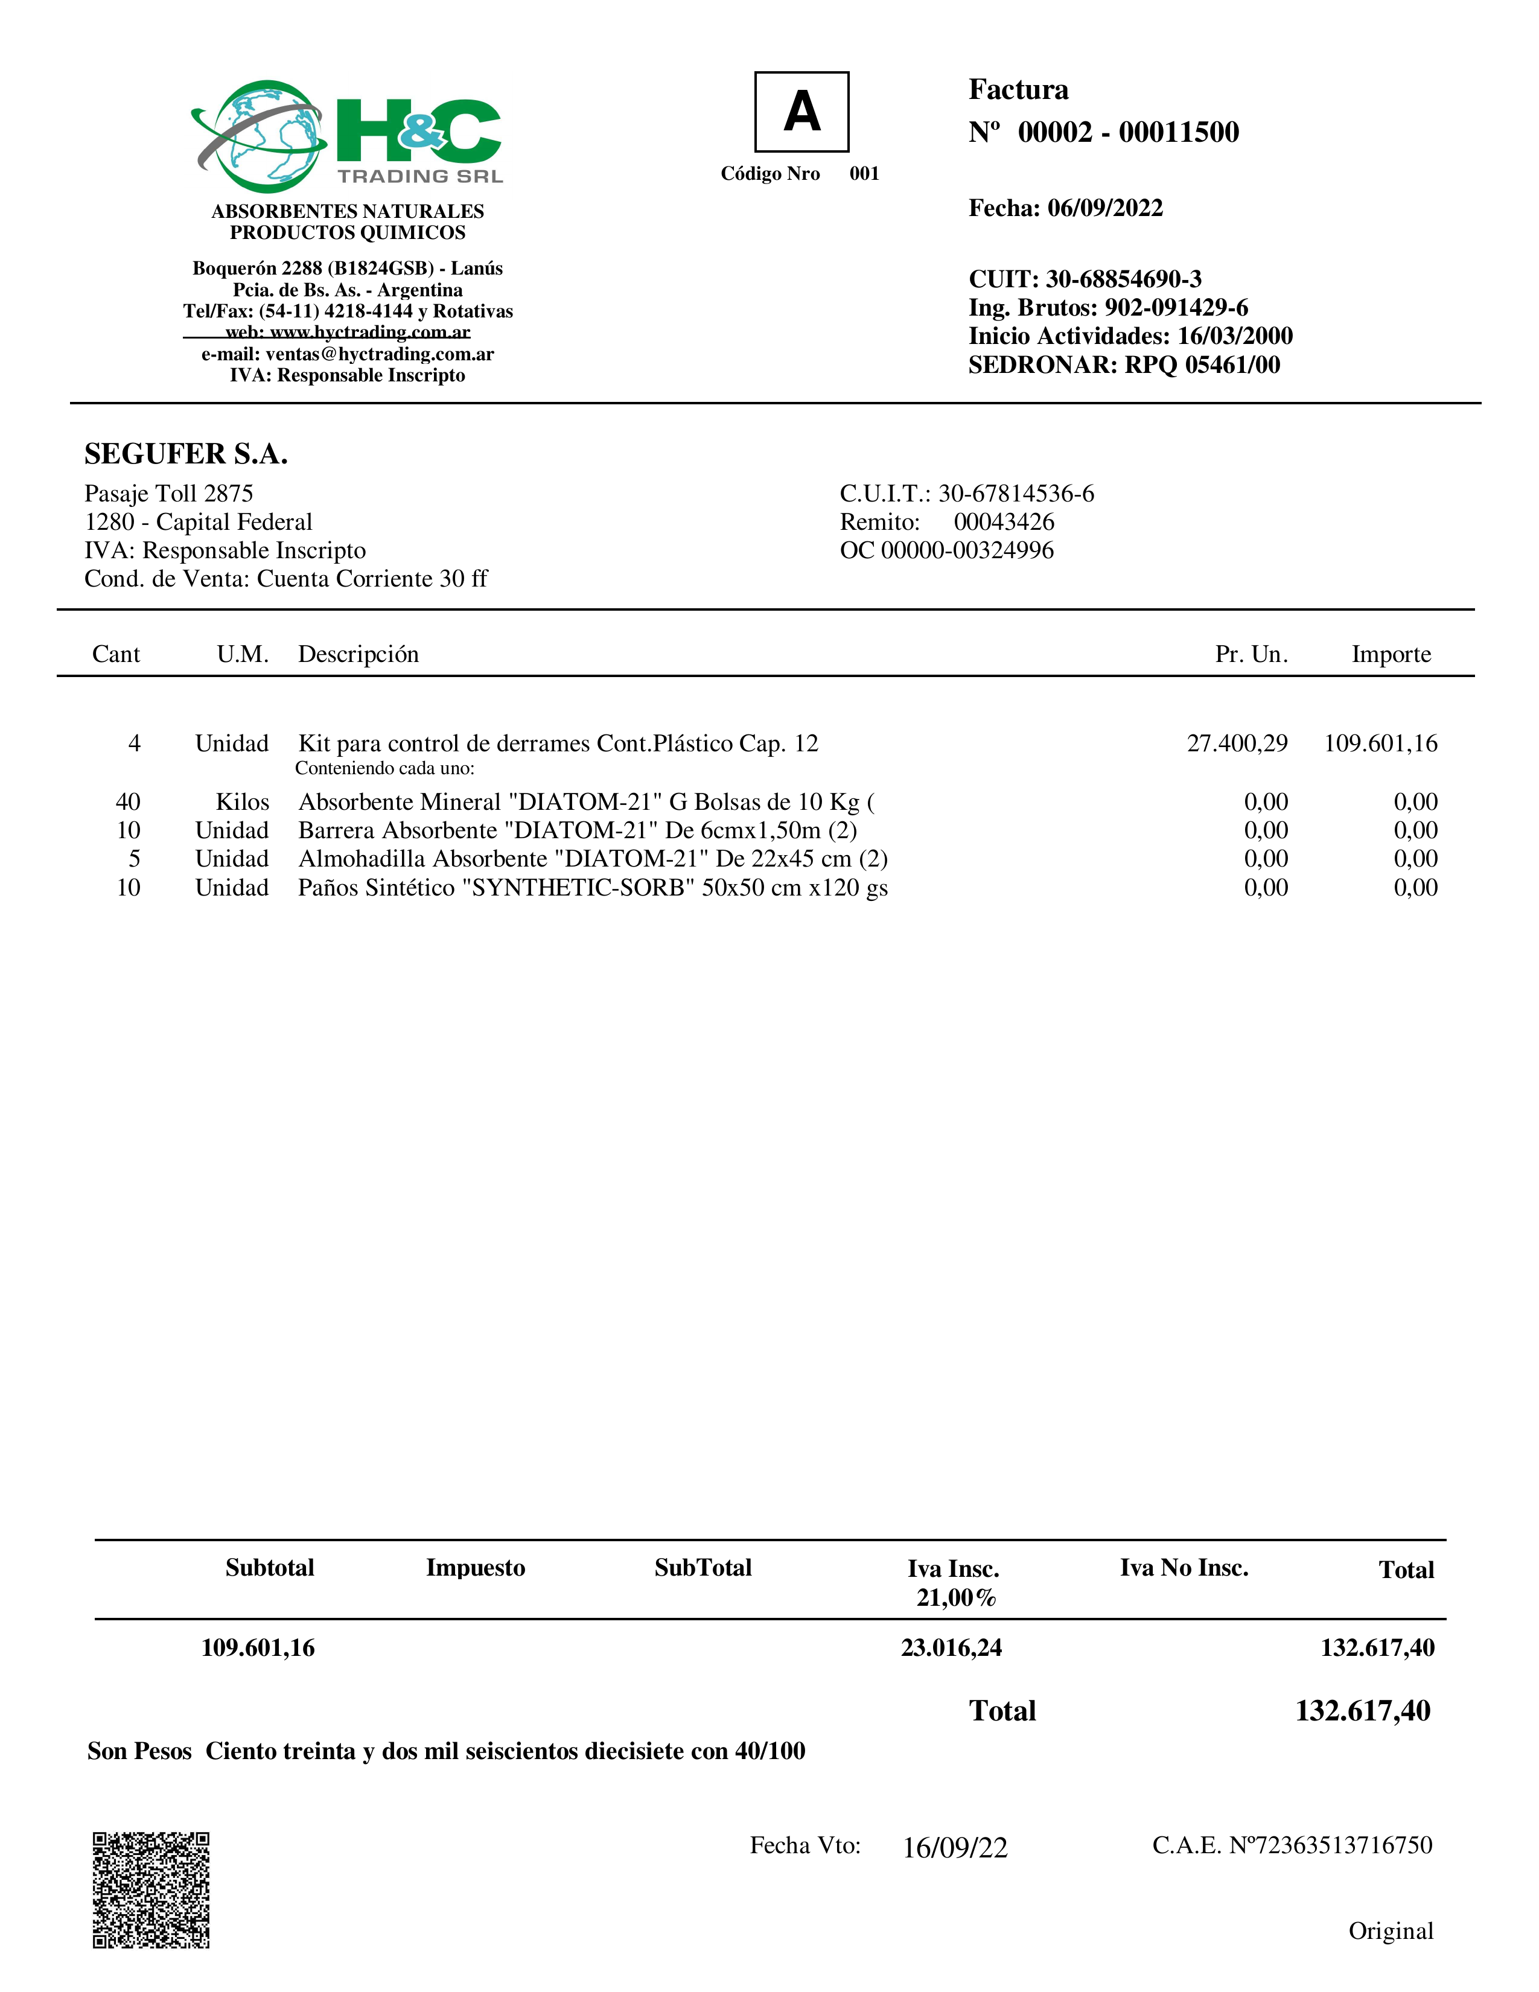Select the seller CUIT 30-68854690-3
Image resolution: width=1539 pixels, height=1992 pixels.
click(x=1123, y=279)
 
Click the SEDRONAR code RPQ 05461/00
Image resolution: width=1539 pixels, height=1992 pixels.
click(x=1202, y=365)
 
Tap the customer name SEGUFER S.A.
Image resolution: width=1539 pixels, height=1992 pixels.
click(x=186, y=453)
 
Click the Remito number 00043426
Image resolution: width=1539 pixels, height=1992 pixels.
click(x=1004, y=522)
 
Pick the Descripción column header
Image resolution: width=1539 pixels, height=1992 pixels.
click(x=358, y=654)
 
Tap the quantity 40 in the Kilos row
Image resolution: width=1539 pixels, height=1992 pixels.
click(x=128, y=802)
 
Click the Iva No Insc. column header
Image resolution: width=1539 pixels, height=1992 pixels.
click(x=1183, y=1568)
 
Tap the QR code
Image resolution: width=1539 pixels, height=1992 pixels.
click(x=151, y=1890)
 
